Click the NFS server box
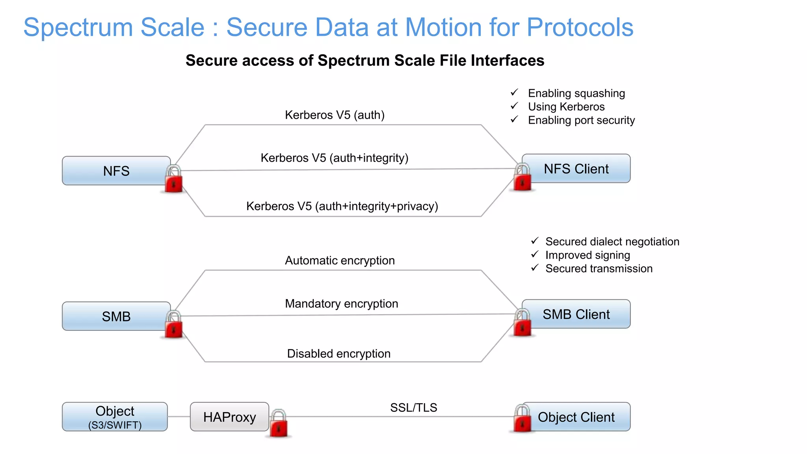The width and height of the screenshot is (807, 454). [116, 171]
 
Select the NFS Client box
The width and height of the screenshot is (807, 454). [576, 169]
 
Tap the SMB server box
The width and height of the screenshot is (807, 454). [116, 316]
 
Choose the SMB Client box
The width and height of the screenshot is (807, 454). [576, 314]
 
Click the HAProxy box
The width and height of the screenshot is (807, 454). [229, 417]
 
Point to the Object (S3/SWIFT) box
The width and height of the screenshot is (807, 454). [115, 417]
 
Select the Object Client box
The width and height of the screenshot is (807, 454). [576, 417]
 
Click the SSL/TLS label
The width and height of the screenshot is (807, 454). [413, 407]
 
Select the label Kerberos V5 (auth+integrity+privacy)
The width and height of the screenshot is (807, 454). [342, 206]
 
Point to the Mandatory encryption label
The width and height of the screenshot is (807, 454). [341, 303]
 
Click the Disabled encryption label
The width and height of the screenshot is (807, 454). [338, 354]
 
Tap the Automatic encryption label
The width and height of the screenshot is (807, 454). [340, 260]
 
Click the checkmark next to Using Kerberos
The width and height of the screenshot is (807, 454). [514, 106]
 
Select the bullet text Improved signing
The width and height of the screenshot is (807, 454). [588, 255]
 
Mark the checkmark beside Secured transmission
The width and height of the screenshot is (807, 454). [535, 268]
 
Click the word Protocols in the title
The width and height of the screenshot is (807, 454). [580, 27]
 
